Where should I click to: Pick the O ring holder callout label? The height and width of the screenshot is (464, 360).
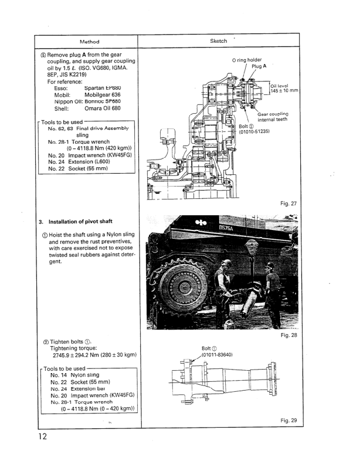[247, 60]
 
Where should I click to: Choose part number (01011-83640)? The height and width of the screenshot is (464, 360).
[218, 355]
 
